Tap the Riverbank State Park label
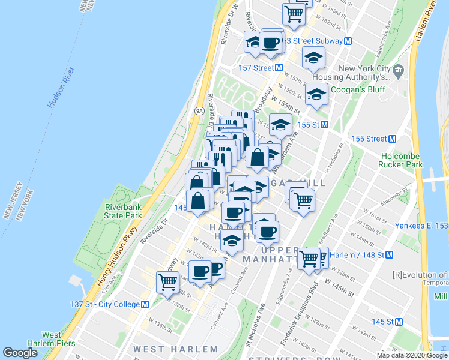(123, 211)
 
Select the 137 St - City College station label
(110, 304)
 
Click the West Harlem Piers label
(59, 339)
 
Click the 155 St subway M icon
(324, 125)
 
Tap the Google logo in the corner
(20, 353)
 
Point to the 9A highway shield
(199, 111)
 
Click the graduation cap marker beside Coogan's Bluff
(317, 94)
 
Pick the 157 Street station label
(256, 68)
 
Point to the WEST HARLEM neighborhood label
(176, 349)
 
